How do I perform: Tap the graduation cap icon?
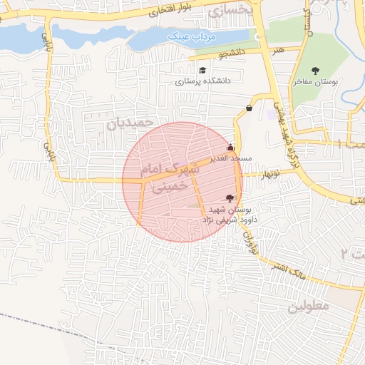[x=202, y=70]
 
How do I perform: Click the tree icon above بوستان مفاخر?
[x=316, y=70]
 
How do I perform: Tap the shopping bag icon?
[x=249, y=108]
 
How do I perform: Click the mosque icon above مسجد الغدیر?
[x=230, y=148]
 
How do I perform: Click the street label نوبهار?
[x=272, y=174]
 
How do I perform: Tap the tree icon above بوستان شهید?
[x=229, y=198]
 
